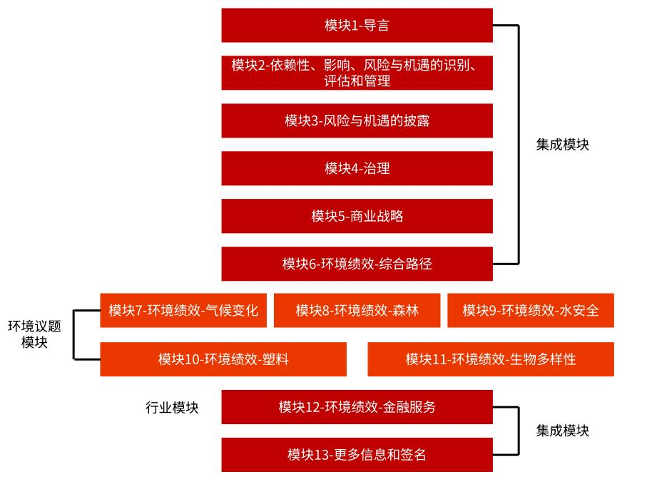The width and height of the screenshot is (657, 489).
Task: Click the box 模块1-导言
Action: pyautogui.click(x=357, y=25)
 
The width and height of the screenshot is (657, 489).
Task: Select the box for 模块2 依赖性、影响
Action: pyautogui.click(x=357, y=73)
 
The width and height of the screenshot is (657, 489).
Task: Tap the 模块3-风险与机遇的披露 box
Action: pyautogui.click(x=357, y=120)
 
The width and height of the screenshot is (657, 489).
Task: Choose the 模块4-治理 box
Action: pyautogui.click(x=357, y=168)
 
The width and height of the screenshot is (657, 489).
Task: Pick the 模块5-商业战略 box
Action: pyautogui.click(x=357, y=216)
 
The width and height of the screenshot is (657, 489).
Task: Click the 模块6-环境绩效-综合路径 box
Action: pyautogui.click(x=357, y=264)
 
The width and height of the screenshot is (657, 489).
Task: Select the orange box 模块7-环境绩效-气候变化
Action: pyautogui.click(x=183, y=310)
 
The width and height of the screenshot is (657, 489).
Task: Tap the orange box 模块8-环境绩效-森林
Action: pyautogui.click(x=357, y=310)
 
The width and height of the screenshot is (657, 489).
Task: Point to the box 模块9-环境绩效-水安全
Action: pyautogui.click(x=531, y=310)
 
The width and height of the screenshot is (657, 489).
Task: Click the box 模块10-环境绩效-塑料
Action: pyautogui.click(x=223, y=359)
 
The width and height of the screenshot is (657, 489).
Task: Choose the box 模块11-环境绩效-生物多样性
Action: pyautogui.click(x=491, y=359)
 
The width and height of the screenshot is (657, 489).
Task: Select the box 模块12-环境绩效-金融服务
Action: pyautogui.click(x=357, y=407)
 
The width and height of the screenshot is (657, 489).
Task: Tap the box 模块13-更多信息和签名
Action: pyautogui.click(x=357, y=455)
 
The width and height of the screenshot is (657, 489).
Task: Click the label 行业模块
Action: pyautogui.click(x=172, y=407)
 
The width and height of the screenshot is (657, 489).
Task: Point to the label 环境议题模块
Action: pyautogui.click(x=34, y=334)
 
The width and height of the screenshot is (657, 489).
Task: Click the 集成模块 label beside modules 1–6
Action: pyautogui.click(x=562, y=145)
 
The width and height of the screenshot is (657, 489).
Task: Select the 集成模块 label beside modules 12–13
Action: pyautogui.click(x=562, y=431)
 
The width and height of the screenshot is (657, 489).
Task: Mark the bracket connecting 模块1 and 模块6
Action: pyautogui.click(x=519, y=145)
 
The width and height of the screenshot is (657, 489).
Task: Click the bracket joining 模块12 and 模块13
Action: pyautogui.click(x=519, y=431)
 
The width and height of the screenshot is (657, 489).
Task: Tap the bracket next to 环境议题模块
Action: pyautogui.click(x=73, y=335)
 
